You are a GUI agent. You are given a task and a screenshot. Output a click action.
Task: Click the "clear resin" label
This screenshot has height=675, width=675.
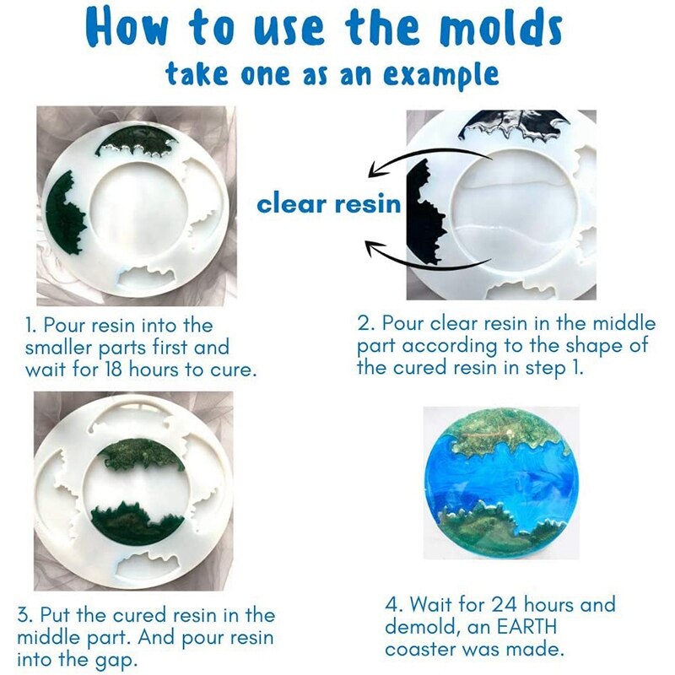click(x=328, y=204)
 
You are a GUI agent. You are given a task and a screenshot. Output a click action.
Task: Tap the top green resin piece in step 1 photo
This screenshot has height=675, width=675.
click(x=134, y=144)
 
